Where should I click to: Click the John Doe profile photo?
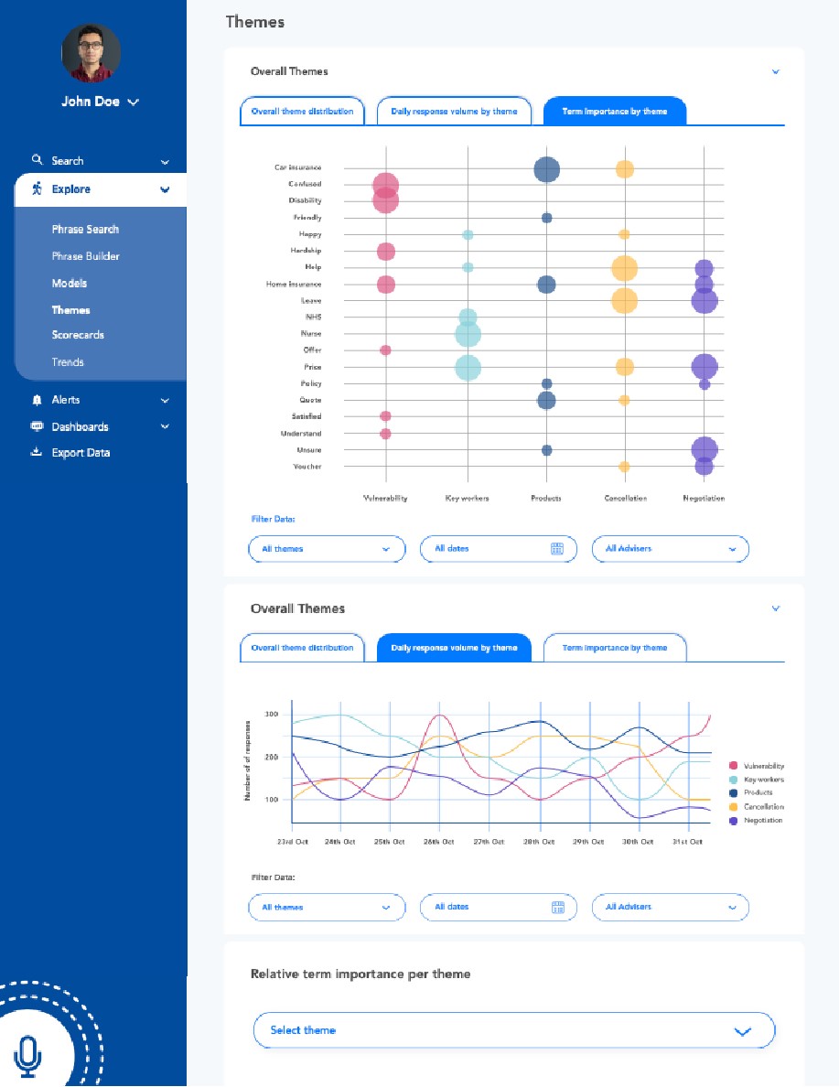(91, 53)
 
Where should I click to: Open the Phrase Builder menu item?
(85, 256)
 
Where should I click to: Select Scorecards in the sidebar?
(78, 335)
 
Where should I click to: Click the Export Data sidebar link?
(81, 453)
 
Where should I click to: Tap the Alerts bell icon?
(37, 400)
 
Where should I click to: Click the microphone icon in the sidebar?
(28, 1055)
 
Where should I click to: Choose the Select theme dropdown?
(513, 1030)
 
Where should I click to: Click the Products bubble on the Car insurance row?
(546, 169)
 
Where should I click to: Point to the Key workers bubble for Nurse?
(468, 335)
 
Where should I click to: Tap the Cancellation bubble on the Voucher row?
(624, 467)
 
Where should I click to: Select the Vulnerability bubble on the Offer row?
(385, 350)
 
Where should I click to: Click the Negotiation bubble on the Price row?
(704, 367)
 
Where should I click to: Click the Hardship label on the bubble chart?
(306, 251)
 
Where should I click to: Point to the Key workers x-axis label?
(467, 499)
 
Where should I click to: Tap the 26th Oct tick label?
(438, 842)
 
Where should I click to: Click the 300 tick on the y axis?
(272, 714)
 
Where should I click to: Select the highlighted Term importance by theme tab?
(614, 112)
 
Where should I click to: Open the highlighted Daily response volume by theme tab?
(454, 648)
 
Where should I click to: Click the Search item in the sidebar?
(67, 161)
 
